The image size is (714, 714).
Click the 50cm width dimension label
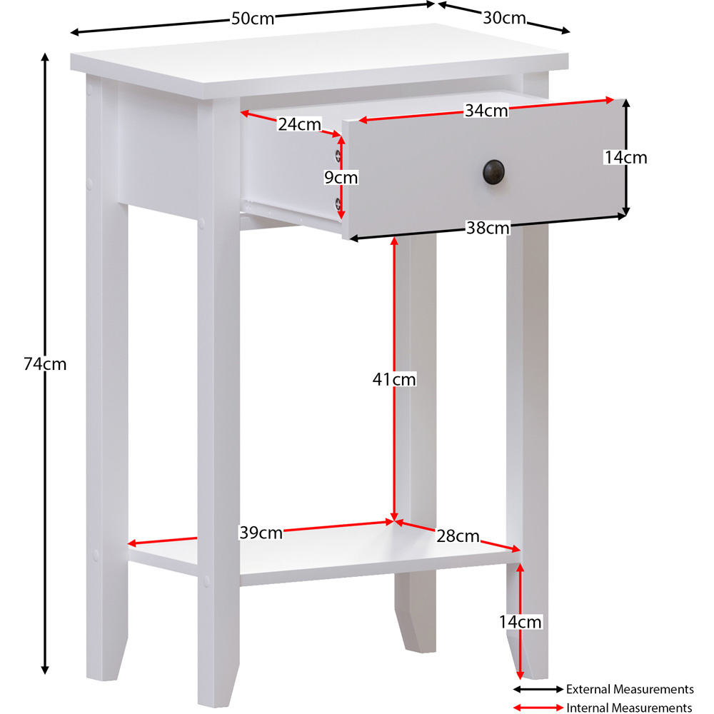click(253, 19)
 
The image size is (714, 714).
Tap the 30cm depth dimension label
click(504, 18)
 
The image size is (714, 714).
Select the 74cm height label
click(45, 364)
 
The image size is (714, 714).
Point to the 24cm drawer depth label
click(299, 124)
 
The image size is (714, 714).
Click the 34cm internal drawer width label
click(486, 110)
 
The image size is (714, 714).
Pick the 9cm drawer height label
click(341, 177)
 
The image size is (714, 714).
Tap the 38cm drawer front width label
click(488, 228)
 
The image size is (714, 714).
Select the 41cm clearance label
click(394, 379)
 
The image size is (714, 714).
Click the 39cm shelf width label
click(261, 533)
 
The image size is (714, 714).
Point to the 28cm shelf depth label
click(458, 536)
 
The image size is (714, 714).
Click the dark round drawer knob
click(493, 172)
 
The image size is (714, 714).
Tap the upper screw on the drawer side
click(338, 156)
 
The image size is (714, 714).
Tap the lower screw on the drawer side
click(338, 203)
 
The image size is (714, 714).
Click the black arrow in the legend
click(538, 690)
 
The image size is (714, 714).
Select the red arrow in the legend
click(538, 708)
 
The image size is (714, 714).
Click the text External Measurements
click(630, 690)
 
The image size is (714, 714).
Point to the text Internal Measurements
click(629, 708)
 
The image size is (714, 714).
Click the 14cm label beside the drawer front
click(625, 158)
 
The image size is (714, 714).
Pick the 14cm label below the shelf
click(520, 622)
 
